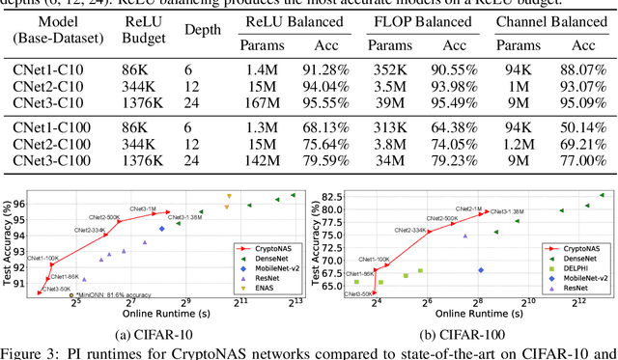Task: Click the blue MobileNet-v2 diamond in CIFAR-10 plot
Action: coord(161,229)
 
